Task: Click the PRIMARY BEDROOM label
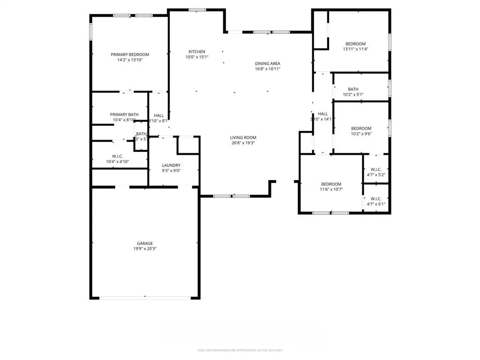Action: tap(130, 54)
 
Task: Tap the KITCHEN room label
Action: tap(197, 52)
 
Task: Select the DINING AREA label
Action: tap(268, 63)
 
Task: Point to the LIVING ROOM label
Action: tap(243, 137)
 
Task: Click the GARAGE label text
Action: tap(145, 243)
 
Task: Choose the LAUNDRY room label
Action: tap(171, 165)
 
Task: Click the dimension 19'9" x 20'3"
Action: tap(145, 249)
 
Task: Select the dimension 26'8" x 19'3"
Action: tap(243, 143)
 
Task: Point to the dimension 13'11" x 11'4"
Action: tap(356, 49)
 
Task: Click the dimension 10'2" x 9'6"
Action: tap(361, 134)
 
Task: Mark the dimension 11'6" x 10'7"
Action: tap(331, 189)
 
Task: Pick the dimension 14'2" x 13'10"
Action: tap(130, 60)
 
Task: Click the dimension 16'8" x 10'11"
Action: tap(268, 69)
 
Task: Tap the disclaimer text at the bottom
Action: tap(240, 350)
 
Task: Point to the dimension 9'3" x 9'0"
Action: tap(171, 171)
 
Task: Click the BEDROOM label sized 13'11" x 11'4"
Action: tap(356, 44)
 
